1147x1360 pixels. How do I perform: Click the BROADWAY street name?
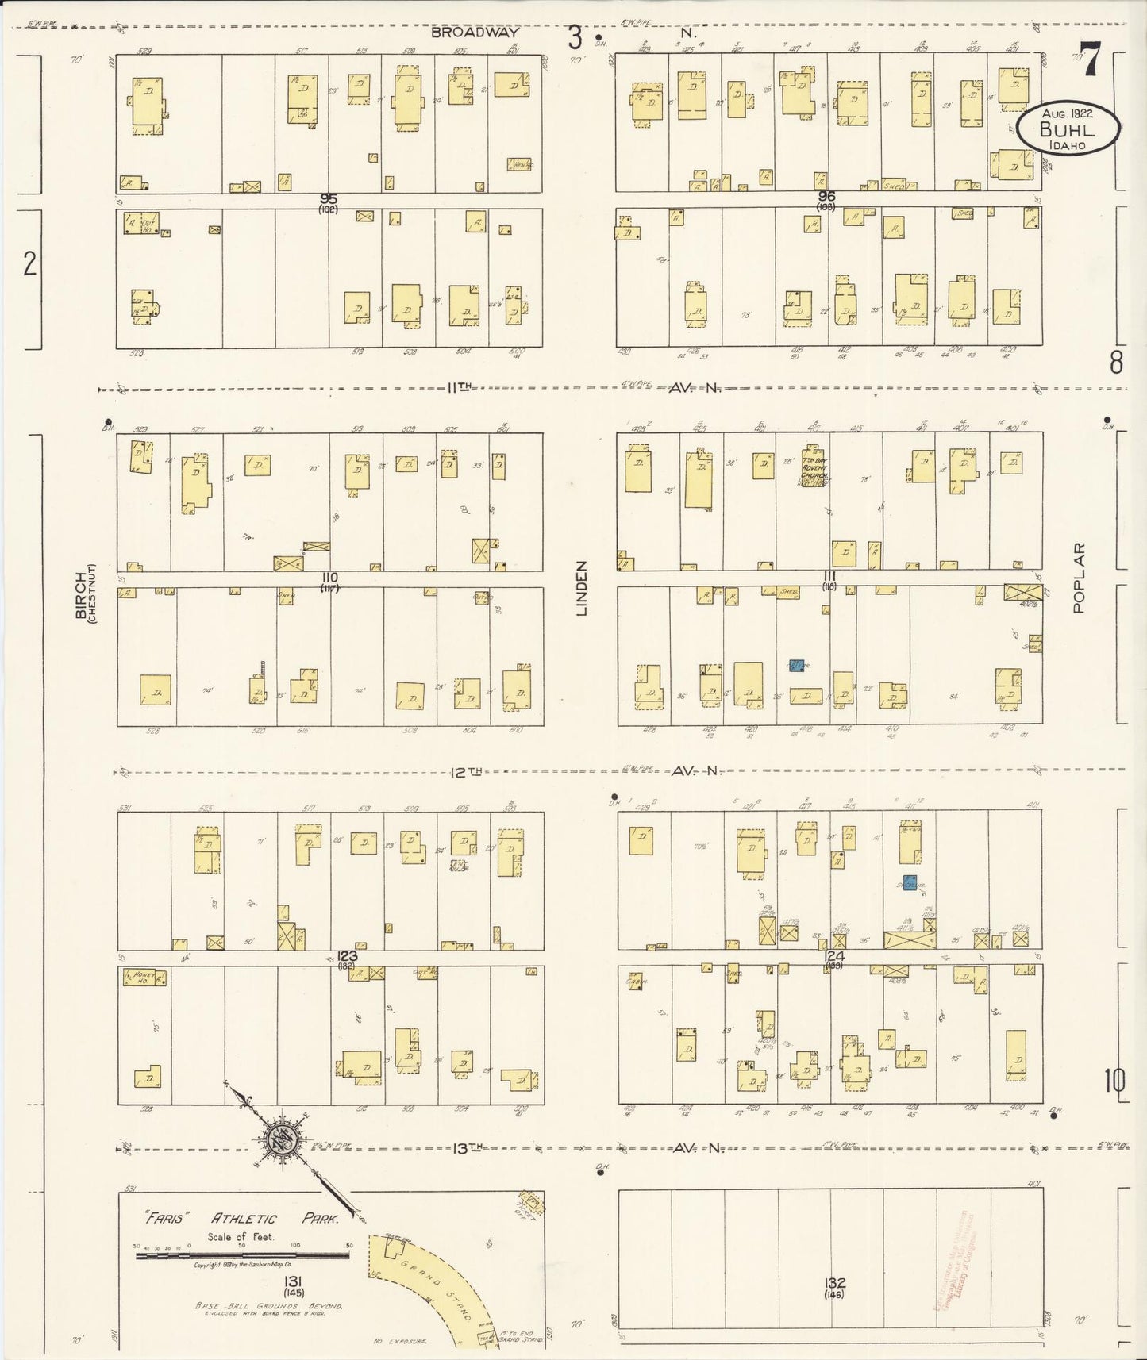click(x=475, y=33)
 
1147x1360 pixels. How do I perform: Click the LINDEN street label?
click(x=581, y=588)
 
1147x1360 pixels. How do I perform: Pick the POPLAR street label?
click(x=1077, y=578)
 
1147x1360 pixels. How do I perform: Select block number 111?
click(x=829, y=575)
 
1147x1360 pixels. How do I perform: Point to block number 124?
click(x=833, y=956)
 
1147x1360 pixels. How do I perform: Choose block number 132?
click(x=835, y=1282)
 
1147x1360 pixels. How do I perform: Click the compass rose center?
click(x=283, y=1141)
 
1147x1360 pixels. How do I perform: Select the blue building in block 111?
click(x=796, y=667)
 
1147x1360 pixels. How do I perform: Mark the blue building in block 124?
click(x=910, y=882)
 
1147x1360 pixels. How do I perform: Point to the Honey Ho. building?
click(x=144, y=977)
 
